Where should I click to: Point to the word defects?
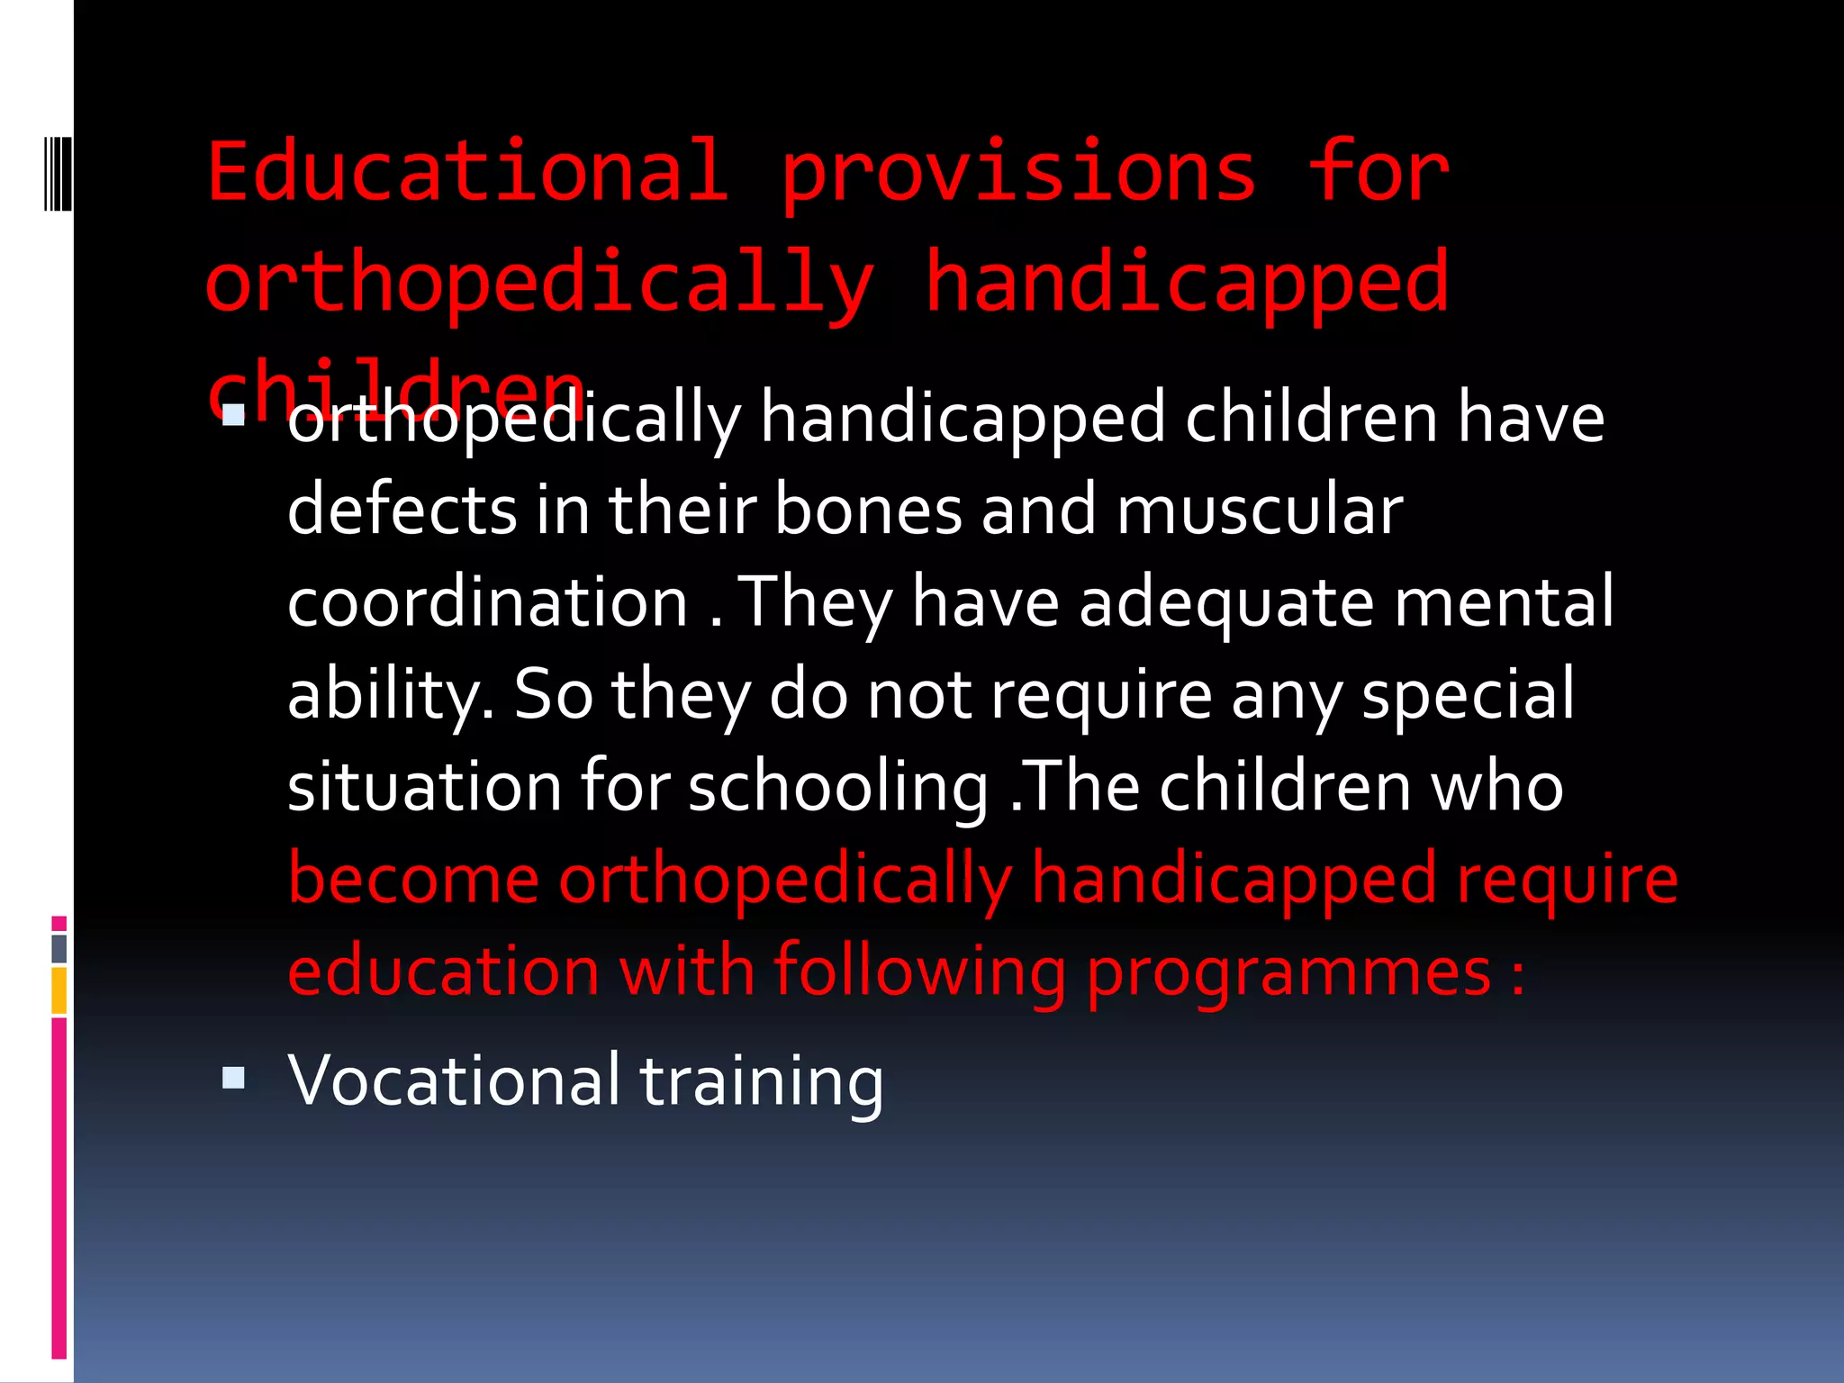point(402,510)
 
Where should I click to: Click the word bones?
point(868,510)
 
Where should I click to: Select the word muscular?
point(1260,510)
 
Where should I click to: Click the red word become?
point(413,879)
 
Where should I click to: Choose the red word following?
point(919,972)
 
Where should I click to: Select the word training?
point(762,1080)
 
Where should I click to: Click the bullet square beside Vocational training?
point(233,1078)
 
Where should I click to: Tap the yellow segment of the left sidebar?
point(59,990)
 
